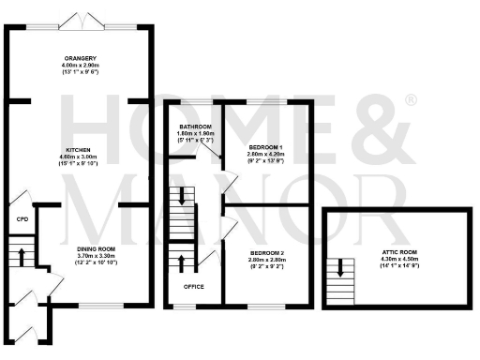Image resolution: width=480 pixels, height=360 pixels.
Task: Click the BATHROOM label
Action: (195, 127)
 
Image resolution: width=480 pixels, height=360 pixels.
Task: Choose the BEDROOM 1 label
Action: (266, 148)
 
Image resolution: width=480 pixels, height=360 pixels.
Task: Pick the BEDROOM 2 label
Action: (266, 253)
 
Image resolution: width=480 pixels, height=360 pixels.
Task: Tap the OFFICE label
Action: (194, 286)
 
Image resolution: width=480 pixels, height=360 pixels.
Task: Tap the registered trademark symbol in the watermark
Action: (410, 99)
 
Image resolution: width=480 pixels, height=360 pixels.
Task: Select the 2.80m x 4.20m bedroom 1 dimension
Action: (266, 155)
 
